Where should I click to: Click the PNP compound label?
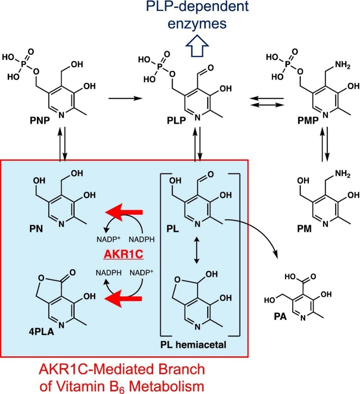point(39,121)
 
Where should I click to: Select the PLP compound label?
point(176,121)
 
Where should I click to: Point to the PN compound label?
point(36,229)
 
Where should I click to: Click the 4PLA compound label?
point(41,332)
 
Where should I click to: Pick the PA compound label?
point(280,317)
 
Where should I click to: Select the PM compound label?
point(304,229)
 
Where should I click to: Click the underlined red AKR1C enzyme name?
point(123,255)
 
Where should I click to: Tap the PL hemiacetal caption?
point(193,345)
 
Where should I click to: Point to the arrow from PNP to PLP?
point(125,98)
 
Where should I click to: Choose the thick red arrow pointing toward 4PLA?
point(123,299)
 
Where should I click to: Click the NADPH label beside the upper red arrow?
point(142,240)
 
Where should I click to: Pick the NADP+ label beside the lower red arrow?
point(141,273)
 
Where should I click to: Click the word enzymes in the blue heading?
point(197,24)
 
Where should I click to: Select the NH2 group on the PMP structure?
point(343,66)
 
